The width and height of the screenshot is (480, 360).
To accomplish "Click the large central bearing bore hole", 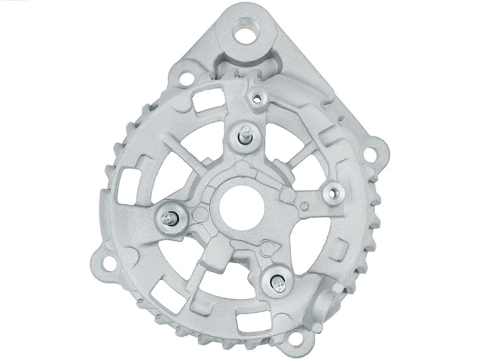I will point(243,204).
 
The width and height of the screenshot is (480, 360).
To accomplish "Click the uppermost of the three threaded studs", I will point(244,133).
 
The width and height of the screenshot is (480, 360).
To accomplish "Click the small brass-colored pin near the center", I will point(304,206).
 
